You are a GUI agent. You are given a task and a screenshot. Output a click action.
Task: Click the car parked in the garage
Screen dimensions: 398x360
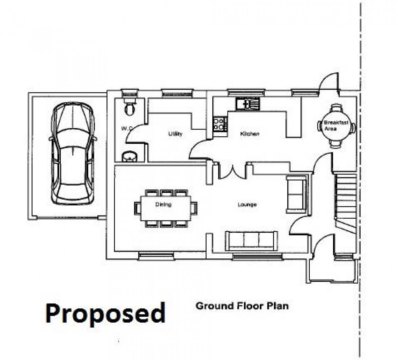73,154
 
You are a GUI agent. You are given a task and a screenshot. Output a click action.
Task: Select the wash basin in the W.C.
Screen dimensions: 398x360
130,157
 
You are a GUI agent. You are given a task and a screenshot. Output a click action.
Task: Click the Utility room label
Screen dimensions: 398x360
175,134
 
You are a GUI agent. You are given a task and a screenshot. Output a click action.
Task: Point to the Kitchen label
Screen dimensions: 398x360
250,134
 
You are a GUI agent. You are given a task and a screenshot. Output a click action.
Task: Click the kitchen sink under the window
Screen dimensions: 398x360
248,104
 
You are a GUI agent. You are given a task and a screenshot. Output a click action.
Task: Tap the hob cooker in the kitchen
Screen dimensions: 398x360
220,123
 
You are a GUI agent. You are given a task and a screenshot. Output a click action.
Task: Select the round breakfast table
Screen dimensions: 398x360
337,126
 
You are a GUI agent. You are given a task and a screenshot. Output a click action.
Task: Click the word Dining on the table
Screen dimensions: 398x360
163,204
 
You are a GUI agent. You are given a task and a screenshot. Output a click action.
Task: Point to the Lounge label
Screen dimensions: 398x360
247,204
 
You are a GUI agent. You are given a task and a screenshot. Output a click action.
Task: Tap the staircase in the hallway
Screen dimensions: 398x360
346,203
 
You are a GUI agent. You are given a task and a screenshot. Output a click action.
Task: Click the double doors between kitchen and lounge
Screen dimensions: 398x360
232,173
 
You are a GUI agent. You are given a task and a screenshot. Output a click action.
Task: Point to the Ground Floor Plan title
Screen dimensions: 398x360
242,306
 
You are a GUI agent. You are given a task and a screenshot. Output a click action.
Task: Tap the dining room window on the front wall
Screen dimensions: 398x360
157,256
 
